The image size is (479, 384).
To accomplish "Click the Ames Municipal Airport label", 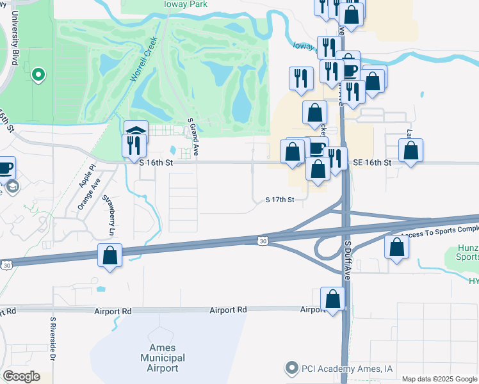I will click(x=163, y=358).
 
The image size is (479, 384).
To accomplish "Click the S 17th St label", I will click(x=279, y=200).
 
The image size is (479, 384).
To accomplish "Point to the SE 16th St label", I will click(x=371, y=163).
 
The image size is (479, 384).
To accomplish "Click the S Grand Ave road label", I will click(x=190, y=136).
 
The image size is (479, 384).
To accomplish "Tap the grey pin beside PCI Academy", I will click(x=292, y=368).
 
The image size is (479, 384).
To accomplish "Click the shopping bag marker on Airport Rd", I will click(x=332, y=299).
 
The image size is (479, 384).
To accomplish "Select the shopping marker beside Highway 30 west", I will click(x=110, y=255).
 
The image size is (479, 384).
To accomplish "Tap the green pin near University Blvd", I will click(x=38, y=76).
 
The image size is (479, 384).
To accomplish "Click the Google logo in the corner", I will click(x=20, y=376).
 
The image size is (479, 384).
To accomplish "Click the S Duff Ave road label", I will click(x=348, y=259).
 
